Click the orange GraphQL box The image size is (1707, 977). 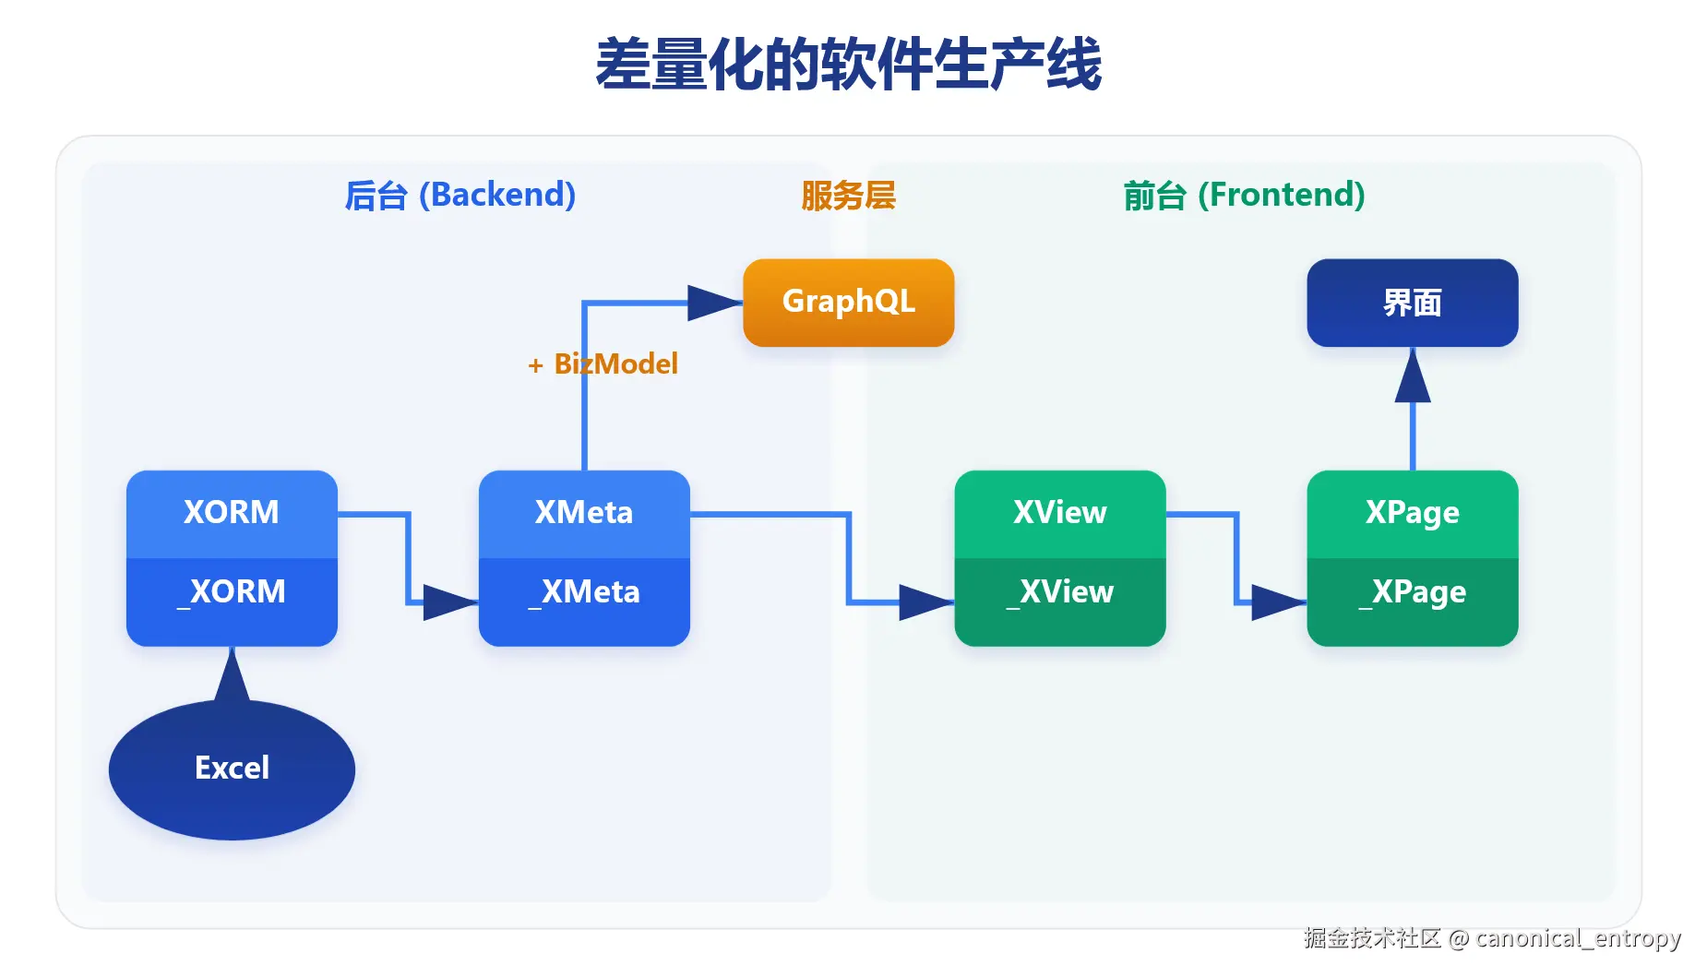[x=848, y=303]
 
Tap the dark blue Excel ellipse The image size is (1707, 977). [x=232, y=768]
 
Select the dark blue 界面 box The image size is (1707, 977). [x=1412, y=303]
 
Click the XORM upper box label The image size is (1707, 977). [x=232, y=512]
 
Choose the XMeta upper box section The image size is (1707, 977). [x=584, y=512]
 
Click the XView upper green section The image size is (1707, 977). [x=1059, y=512]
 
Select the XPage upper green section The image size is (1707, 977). [x=1412, y=512]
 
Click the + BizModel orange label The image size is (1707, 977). [x=603, y=364]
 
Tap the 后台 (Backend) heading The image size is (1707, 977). [x=460, y=196]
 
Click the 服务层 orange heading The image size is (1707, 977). [x=848, y=196]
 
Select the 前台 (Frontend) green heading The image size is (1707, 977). [x=1244, y=196]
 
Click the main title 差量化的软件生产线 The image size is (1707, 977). [x=848, y=65]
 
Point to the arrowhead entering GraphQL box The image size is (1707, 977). [x=713, y=303]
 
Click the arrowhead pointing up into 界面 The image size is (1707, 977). [x=1412, y=378]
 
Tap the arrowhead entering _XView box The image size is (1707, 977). [x=925, y=602]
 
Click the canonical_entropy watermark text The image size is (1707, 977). [x=1578, y=938]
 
